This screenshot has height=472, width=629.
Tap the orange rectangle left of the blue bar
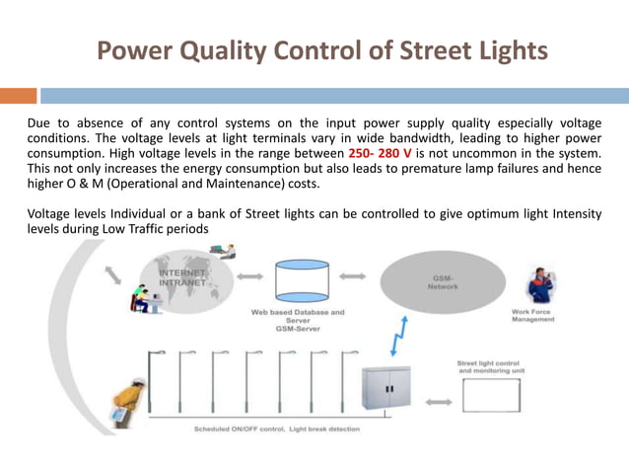[x=19, y=96]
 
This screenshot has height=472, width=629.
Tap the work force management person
[x=540, y=287]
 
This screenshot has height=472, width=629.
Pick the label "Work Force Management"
[x=532, y=316]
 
